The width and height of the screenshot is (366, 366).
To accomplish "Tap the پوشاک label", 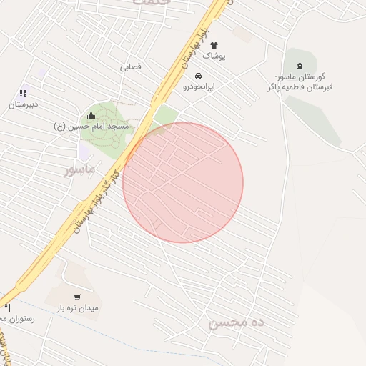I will tap(214, 56).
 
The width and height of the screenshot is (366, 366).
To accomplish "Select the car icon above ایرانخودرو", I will tap(198, 76).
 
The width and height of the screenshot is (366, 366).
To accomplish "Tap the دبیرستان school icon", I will tap(24, 93).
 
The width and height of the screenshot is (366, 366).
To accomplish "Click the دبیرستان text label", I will tap(24, 104).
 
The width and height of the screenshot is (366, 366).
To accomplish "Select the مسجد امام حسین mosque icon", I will tap(91, 116).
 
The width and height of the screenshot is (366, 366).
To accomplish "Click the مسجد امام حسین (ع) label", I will tap(91, 127).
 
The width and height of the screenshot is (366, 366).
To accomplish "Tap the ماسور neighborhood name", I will tap(79, 170).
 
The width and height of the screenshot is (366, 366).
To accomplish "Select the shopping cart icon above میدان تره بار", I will tap(77, 297).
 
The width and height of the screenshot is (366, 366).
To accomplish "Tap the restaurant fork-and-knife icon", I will tap(7, 308).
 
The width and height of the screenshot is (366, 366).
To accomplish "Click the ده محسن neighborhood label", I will tap(237, 323).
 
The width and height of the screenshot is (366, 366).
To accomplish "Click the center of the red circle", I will tap(183, 182).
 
